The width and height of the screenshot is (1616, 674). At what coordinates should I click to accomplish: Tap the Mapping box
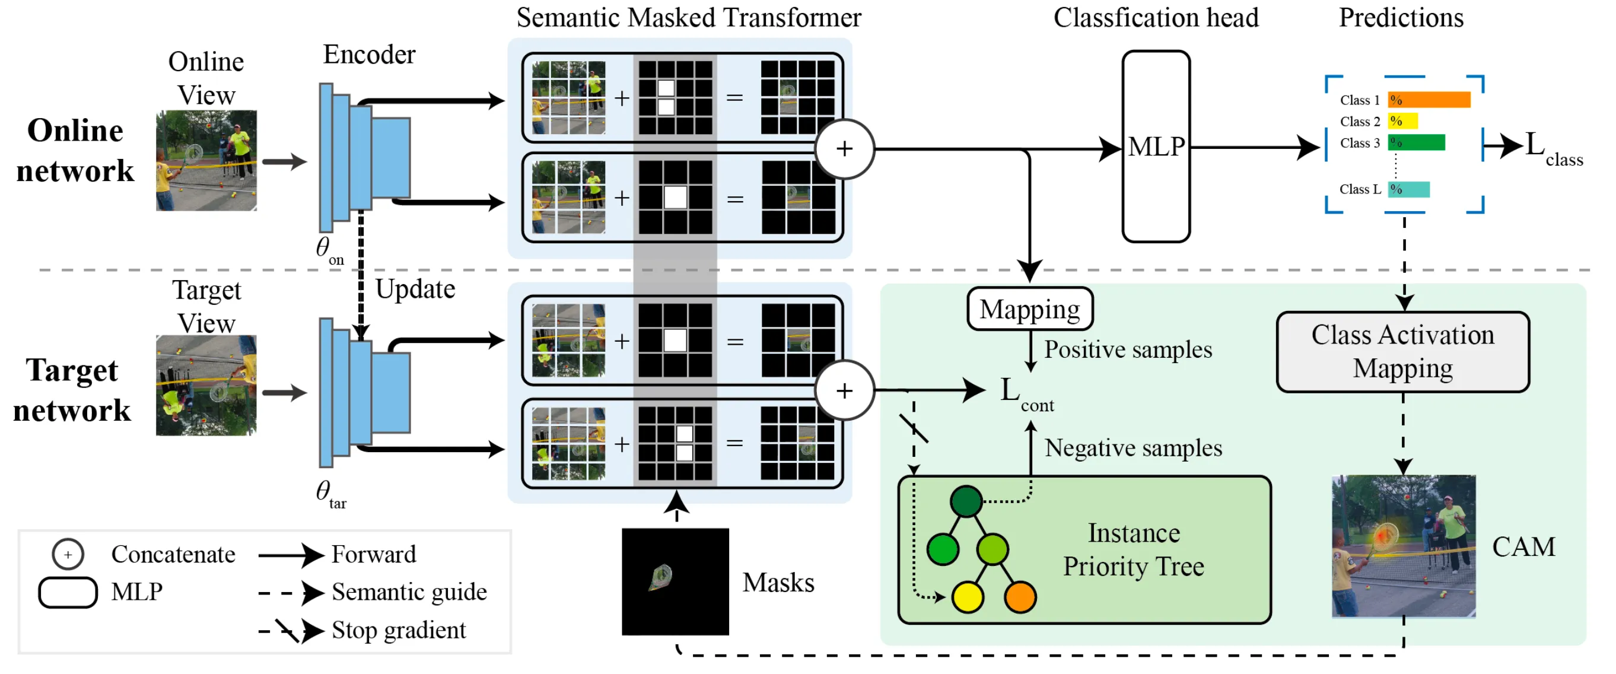(1029, 309)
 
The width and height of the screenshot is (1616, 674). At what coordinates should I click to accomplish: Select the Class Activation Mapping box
(1402, 352)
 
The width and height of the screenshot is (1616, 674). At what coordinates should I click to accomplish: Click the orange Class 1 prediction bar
(1429, 100)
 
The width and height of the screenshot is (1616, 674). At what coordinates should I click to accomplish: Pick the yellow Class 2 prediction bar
(1402, 121)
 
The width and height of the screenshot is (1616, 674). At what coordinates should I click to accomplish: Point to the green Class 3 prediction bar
(1416, 142)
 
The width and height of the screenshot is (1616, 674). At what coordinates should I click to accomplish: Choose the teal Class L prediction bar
(1408, 189)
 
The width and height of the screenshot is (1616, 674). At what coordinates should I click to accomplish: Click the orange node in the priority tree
(1020, 596)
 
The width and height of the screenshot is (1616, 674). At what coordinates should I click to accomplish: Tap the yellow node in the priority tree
(968, 596)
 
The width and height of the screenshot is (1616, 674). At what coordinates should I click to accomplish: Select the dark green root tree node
(966, 501)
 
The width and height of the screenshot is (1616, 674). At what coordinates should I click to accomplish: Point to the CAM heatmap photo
(1404, 546)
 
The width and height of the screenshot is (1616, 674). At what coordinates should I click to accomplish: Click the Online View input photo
(206, 161)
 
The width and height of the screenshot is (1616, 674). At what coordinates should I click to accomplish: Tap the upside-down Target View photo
(206, 385)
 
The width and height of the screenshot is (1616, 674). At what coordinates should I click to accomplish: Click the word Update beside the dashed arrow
(415, 290)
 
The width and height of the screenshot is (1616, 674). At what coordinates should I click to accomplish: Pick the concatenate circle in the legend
(68, 554)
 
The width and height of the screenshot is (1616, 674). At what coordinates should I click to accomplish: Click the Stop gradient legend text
(398, 630)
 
